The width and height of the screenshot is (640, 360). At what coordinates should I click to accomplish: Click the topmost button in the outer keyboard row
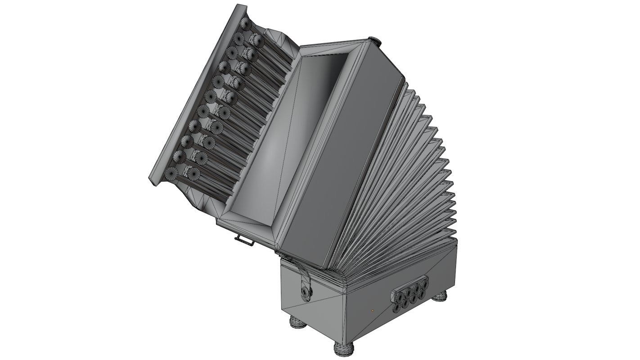(x=246, y=23)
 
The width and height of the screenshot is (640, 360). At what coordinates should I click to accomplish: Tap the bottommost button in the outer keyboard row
(x=171, y=173)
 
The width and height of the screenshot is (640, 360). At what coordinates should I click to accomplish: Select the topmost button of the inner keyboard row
(x=258, y=41)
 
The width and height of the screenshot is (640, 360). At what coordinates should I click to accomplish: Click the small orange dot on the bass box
(x=372, y=310)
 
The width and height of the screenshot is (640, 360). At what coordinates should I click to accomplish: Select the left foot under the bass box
(x=297, y=322)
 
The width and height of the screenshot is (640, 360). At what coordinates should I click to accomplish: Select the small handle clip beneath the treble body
(x=244, y=241)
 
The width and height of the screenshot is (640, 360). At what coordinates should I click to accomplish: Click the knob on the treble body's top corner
(x=374, y=42)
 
